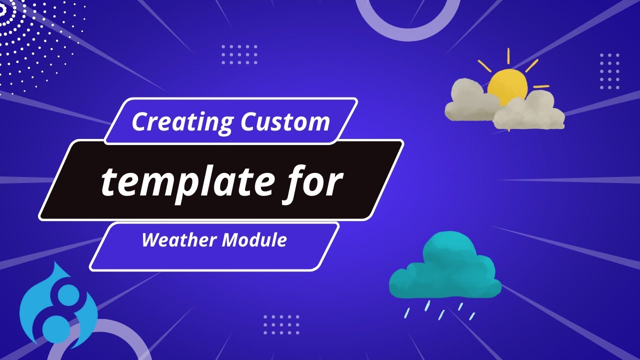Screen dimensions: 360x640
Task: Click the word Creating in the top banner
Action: click(182, 122)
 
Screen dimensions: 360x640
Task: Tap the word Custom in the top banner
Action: click(285, 122)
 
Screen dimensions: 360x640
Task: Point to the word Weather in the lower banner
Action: click(179, 240)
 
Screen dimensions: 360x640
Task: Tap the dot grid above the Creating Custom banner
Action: click(239, 54)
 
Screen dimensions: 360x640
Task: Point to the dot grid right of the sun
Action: click(609, 71)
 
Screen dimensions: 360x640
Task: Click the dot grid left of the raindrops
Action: click(281, 324)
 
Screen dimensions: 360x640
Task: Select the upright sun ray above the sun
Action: click(508, 56)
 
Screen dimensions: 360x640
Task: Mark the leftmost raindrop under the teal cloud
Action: click(407, 313)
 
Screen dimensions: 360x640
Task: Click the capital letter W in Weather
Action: click(150, 240)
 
